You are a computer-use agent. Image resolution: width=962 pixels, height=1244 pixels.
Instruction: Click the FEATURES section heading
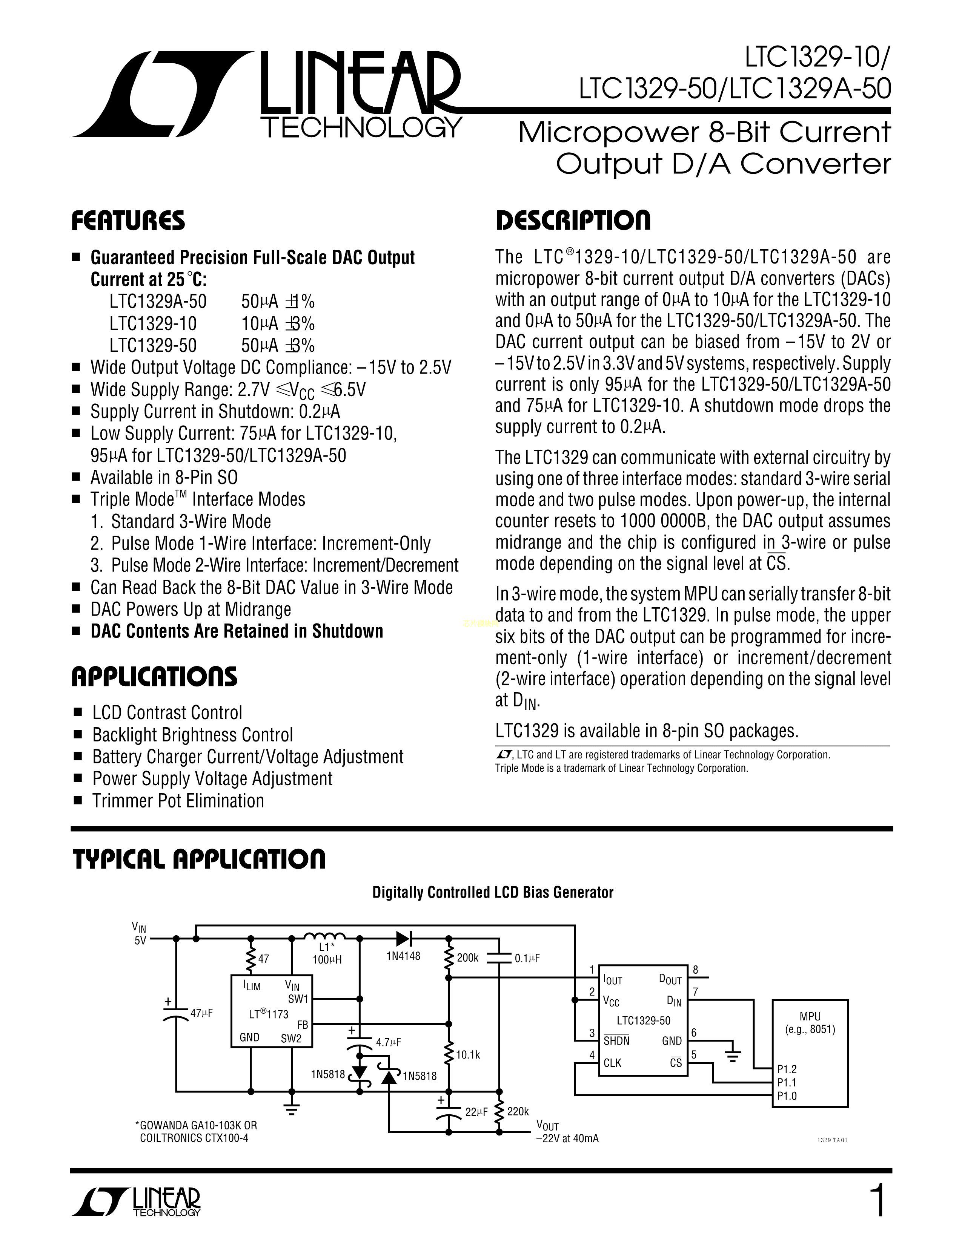(128, 221)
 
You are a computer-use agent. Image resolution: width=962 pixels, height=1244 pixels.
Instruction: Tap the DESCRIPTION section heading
(572, 221)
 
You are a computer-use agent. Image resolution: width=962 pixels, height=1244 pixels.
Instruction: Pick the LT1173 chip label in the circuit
(269, 1014)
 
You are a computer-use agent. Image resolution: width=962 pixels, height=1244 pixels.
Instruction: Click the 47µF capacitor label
(201, 1013)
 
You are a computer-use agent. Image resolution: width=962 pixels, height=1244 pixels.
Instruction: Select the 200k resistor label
(467, 958)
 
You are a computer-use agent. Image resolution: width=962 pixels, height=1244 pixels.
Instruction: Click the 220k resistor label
(518, 1111)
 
